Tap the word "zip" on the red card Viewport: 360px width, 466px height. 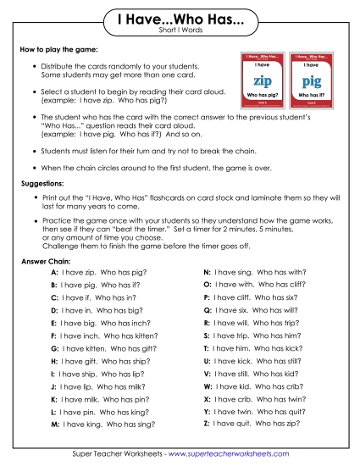(263, 81)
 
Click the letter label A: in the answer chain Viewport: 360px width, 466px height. (54, 274)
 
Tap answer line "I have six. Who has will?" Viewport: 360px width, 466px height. (253, 311)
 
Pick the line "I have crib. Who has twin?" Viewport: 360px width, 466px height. (253, 398)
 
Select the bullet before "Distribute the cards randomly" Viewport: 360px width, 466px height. (33, 65)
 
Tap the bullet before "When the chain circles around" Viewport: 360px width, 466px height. (33, 169)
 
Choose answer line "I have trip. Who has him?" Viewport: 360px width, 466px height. (253, 336)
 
